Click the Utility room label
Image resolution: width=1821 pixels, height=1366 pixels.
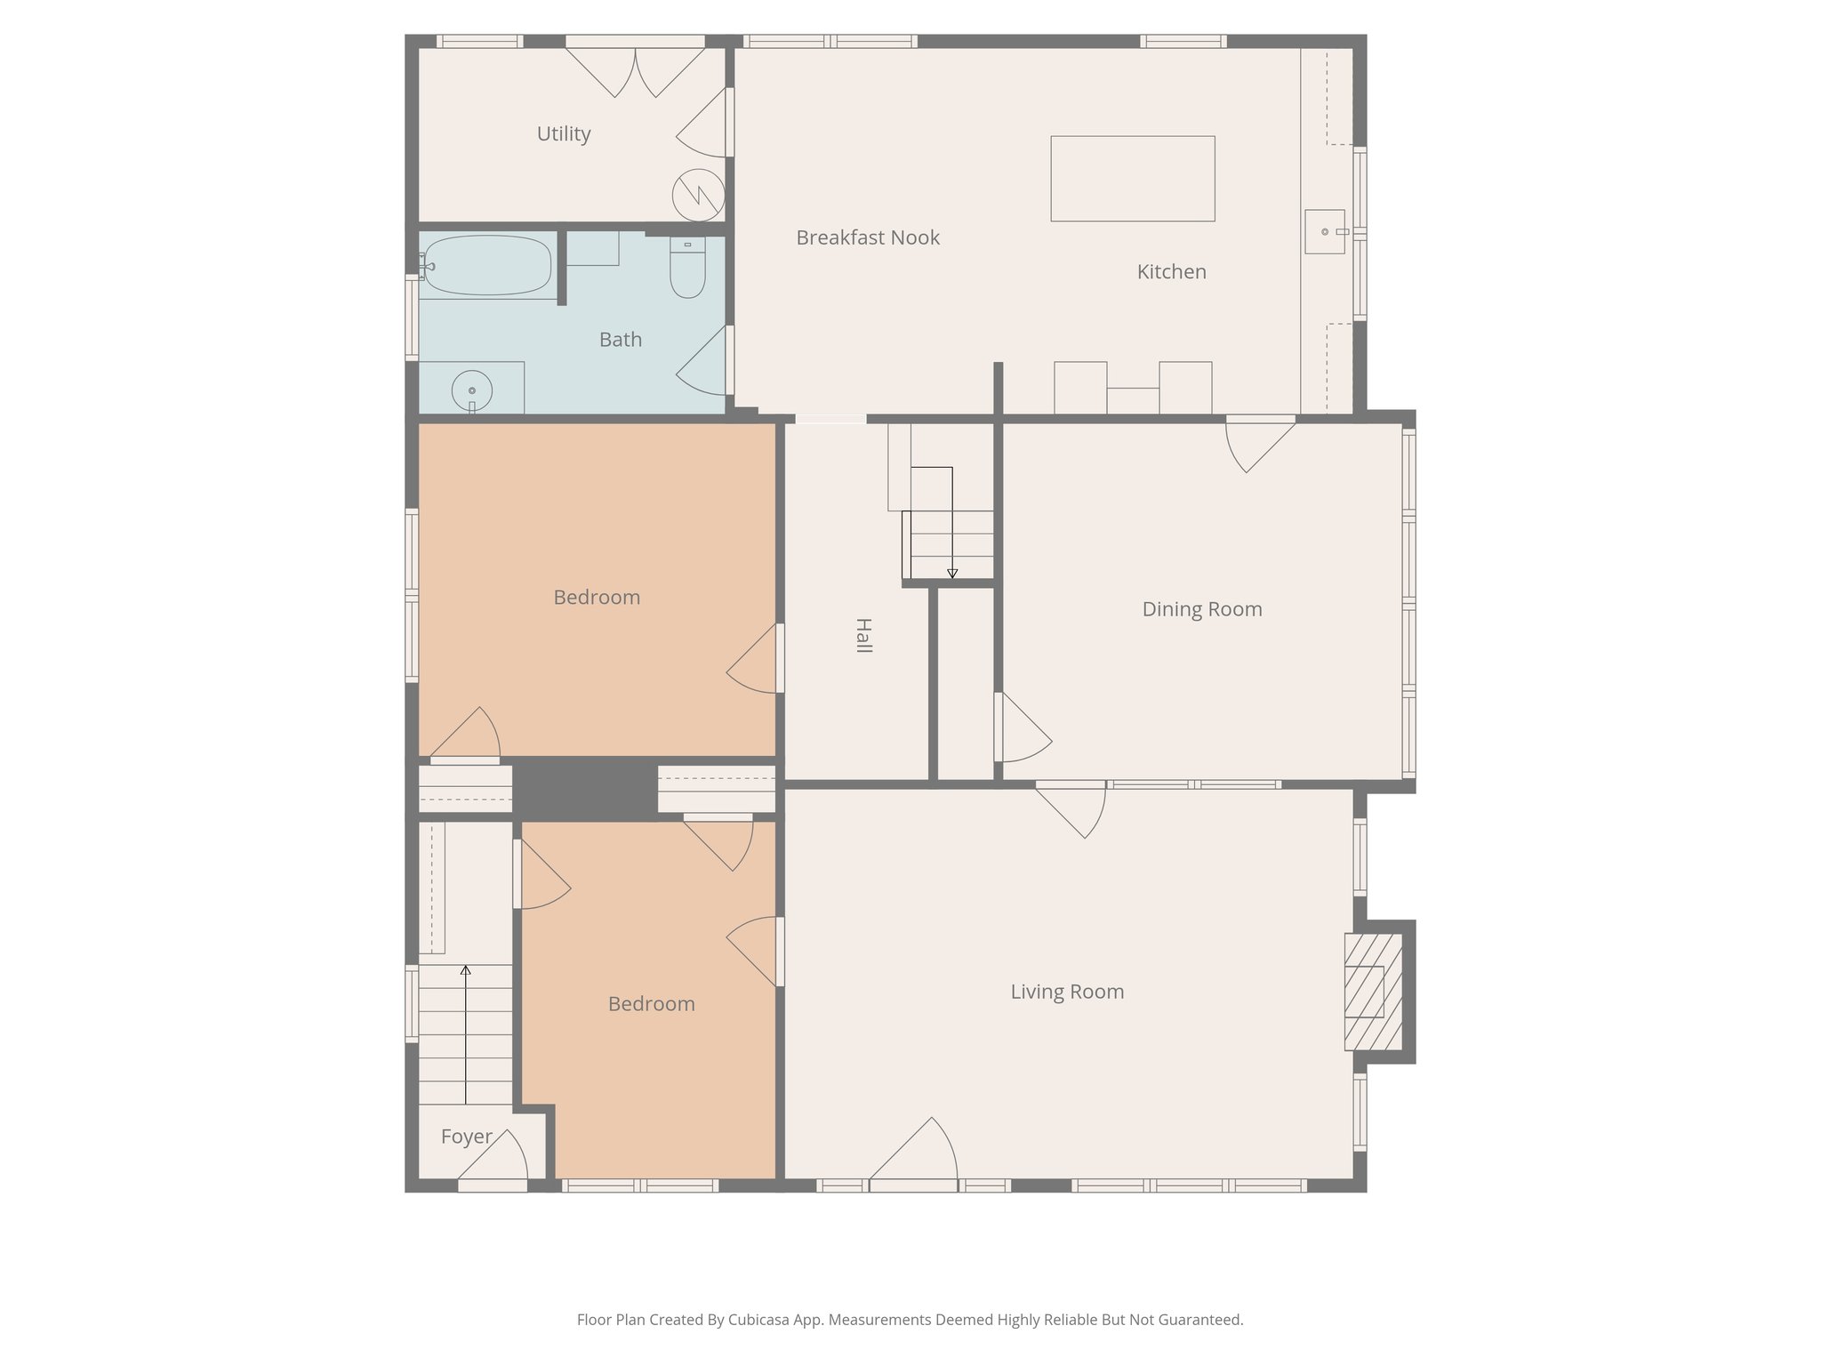pyautogui.click(x=564, y=133)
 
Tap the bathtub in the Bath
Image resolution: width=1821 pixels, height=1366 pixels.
pyautogui.click(x=486, y=265)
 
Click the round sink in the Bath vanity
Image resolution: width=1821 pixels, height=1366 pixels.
pyautogui.click(x=471, y=390)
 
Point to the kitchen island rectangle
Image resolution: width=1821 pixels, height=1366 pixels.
pyautogui.click(x=1132, y=178)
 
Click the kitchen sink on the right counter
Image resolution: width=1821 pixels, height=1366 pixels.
pyautogui.click(x=1324, y=231)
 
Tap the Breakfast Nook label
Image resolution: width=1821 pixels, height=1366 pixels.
pyautogui.click(x=867, y=237)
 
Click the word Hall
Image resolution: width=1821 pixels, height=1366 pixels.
pyautogui.click(x=862, y=635)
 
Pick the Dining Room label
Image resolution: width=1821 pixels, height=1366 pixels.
pyautogui.click(x=1201, y=609)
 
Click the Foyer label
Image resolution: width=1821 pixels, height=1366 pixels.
pyautogui.click(x=466, y=1137)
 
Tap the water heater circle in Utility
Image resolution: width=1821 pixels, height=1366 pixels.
pyautogui.click(x=698, y=195)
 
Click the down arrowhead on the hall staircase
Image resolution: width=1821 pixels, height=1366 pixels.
pyautogui.click(x=952, y=574)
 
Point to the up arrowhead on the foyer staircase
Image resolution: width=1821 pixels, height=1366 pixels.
pyautogui.click(x=465, y=970)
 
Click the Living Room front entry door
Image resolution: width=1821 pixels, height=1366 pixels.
pyautogui.click(x=916, y=1156)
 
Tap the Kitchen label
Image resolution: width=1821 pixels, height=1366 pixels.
pyautogui.click(x=1171, y=272)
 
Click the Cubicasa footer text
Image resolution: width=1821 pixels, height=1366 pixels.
pyautogui.click(x=910, y=1320)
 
